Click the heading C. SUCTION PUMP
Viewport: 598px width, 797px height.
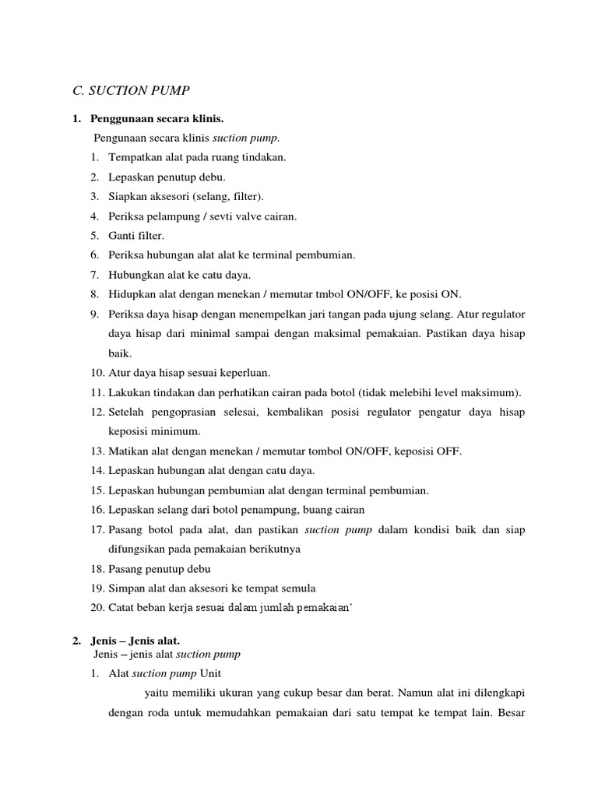(x=131, y=91)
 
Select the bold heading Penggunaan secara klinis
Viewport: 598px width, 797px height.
(x=157, y=119)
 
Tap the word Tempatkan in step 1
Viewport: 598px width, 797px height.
(x=134, y=157)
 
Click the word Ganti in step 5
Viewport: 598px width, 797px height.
(x=122, y=235)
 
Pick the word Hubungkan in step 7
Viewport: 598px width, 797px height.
(x=137, y=275)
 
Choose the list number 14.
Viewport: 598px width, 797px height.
(x=97, y=471)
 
